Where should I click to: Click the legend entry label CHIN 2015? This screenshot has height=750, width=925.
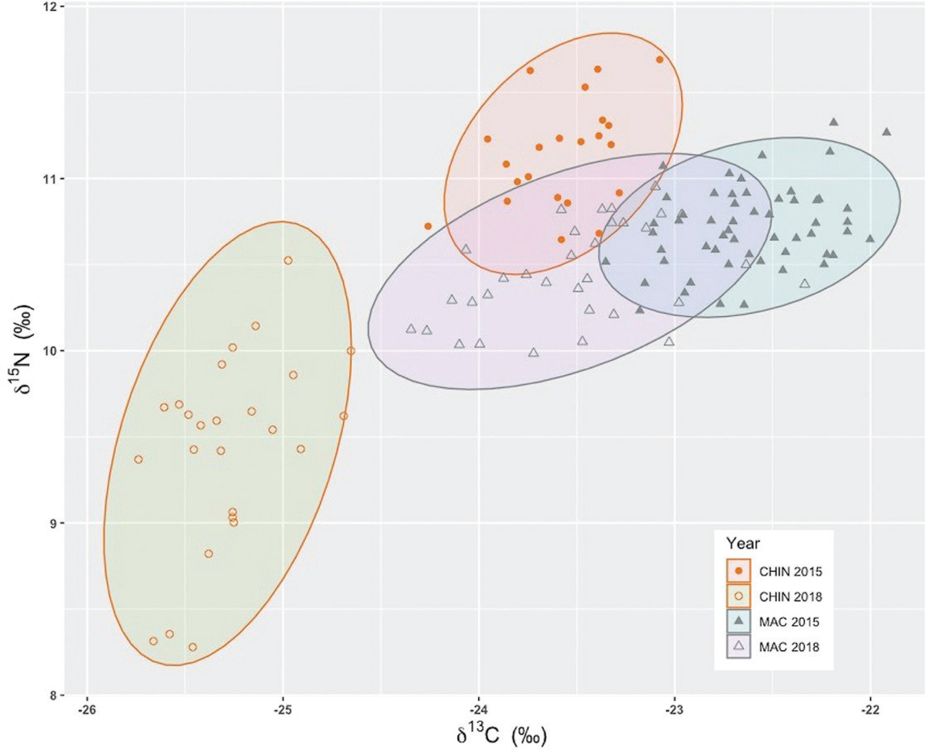[790, 572]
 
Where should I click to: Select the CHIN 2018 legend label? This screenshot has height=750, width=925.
[790, 597]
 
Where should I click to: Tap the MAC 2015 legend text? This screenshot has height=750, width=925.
[789, 622]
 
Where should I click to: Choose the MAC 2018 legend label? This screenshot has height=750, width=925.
[789, 647]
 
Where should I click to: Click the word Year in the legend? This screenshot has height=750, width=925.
[743, 544]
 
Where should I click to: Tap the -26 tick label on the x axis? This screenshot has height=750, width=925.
[86, 710]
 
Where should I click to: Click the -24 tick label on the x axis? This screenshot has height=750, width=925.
[478, 710]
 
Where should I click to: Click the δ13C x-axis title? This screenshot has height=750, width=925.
[501, 736]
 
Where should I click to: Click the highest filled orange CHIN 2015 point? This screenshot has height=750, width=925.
[660, 60]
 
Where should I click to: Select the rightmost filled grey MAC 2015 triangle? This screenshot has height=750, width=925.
[886, 132]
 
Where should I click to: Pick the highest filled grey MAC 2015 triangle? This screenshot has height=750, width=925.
[834, 122]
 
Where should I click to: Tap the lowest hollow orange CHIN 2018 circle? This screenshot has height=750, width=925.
[193, 647]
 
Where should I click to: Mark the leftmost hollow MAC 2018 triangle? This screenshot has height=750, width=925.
[411, 328]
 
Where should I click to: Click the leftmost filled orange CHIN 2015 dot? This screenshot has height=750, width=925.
[428, 226]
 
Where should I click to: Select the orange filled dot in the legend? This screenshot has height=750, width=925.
[739, 571]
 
